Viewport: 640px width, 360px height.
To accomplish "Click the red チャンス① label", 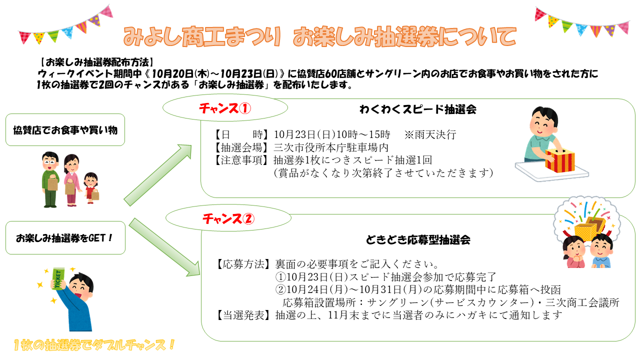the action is pos(225,108).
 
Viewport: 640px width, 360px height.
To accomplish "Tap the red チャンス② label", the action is pos(228,219).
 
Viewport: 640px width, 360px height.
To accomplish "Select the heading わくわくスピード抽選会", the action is pos(418,109).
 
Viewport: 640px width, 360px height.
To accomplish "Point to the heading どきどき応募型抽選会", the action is pos(418,240).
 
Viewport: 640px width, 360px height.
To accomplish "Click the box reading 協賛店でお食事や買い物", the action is pos(65,130).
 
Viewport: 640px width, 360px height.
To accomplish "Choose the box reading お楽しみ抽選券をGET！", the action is pos(65,237).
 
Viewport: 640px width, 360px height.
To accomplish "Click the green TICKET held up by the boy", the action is pos(59,279).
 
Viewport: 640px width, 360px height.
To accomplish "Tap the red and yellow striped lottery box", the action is pos(559,160).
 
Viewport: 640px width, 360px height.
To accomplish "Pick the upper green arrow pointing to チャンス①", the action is pos(157,175).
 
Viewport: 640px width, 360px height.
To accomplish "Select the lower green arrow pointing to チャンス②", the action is pos(164,247).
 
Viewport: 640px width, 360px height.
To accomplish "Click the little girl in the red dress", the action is pos(91,187).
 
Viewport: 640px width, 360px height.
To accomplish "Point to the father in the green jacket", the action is pos(50,179).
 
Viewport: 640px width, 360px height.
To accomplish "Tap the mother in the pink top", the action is pos(71,180).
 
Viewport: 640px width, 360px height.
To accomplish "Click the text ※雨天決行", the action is pos(430,134).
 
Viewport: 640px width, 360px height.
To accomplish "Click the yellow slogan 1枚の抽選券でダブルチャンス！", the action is pos(94,345).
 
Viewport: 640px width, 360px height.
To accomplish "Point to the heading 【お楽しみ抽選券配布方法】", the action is pos(96,62).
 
